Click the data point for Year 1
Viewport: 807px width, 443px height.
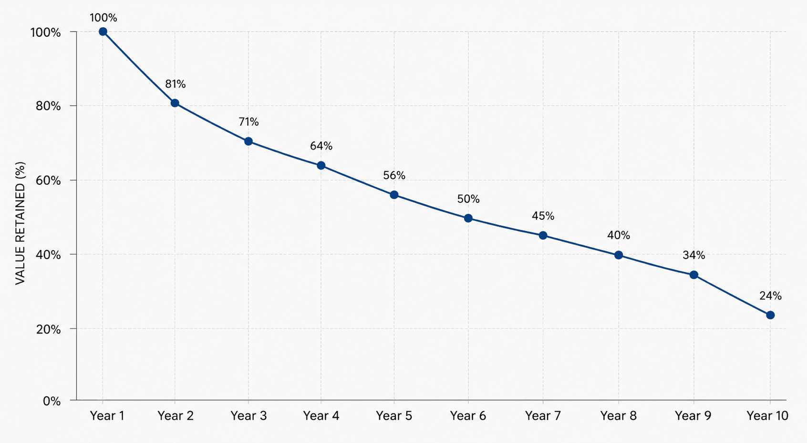[103, 31]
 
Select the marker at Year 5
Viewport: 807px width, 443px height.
[394, 195]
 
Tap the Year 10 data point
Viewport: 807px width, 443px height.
[770, 315]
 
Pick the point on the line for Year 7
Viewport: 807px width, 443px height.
[543, 236]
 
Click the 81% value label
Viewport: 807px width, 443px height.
[176, 84]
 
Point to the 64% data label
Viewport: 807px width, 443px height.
[321, 146]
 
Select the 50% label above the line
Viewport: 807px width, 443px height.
[468, 199]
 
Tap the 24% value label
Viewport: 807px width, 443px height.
[770, 296]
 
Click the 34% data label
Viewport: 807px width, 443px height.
[694, 255]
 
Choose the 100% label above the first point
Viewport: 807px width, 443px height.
[103, 18]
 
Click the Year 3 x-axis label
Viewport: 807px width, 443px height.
[248, 416]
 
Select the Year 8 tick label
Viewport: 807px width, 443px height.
[619, 416]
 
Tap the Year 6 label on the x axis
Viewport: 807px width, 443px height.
[468, 416]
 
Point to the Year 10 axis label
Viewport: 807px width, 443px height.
[767, 416]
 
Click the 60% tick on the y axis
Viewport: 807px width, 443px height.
[48, 181]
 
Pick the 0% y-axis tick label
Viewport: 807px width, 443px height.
[52, 401]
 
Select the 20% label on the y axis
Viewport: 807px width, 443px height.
[48, 329]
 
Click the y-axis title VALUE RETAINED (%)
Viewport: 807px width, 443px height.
[20, 223]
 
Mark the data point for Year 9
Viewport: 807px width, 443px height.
[694, 275]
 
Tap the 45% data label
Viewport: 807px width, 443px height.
[543, 216]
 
